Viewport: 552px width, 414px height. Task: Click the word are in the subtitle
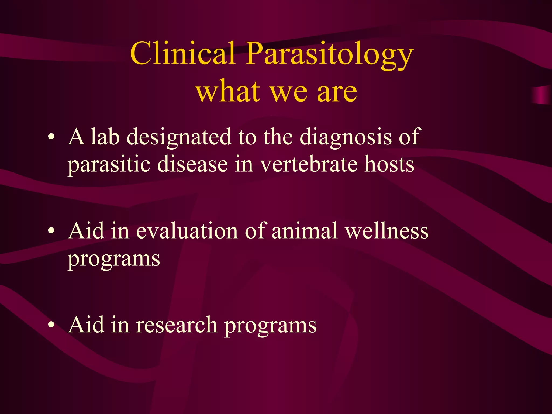337,92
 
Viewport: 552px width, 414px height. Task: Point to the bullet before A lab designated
51,137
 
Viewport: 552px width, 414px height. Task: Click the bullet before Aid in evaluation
51,231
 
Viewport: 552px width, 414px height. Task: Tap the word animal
304,231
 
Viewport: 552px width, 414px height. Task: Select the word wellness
387,231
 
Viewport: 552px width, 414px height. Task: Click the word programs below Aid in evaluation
114,260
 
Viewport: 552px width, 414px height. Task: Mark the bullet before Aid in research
51,325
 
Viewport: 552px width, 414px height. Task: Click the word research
177,325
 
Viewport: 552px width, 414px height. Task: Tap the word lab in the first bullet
105,137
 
